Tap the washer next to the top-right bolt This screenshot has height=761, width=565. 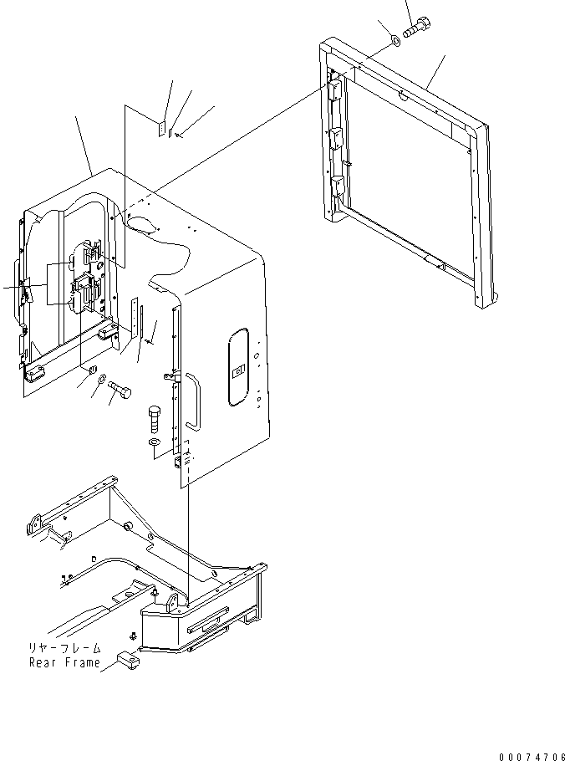pos(394,40)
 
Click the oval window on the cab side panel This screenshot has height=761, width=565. pos(238,367)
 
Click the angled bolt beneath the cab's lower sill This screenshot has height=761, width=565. pos(120,390)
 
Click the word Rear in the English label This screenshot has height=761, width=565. pos(43,663)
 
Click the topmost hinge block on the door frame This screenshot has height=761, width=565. pos(335,88)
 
